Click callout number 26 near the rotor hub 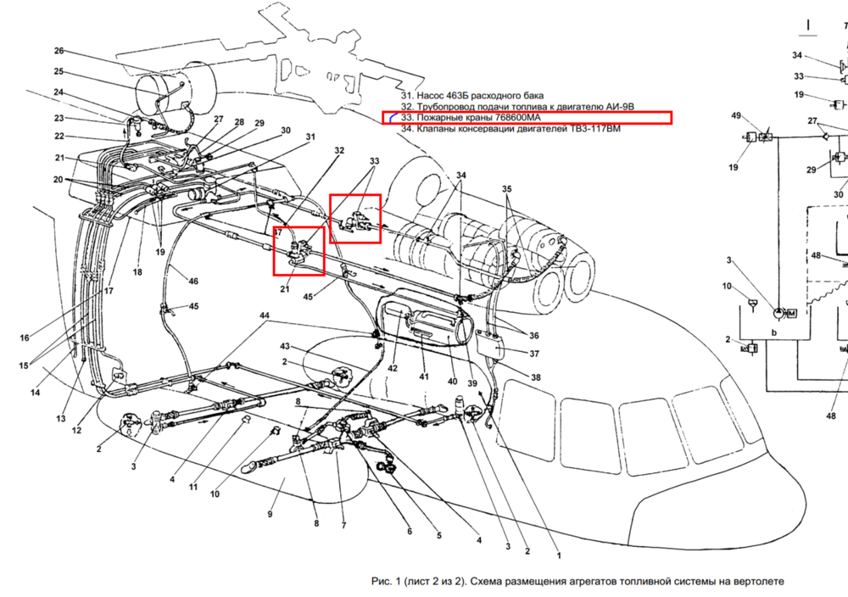(x=59, y=51)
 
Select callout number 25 (x=59, y=71)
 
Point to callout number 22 (x=59, y=137)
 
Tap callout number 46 (x=193, y=281)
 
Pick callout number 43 (x=285, y=347)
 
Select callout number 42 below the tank (x=393, y=368)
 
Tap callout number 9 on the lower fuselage (x=270, y=514)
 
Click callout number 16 (x=25, y=338)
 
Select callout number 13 (x=61, y=419)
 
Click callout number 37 (x=534, y=354)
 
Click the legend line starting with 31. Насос (x=472, y=96)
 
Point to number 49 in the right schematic (x=736, y=115)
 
